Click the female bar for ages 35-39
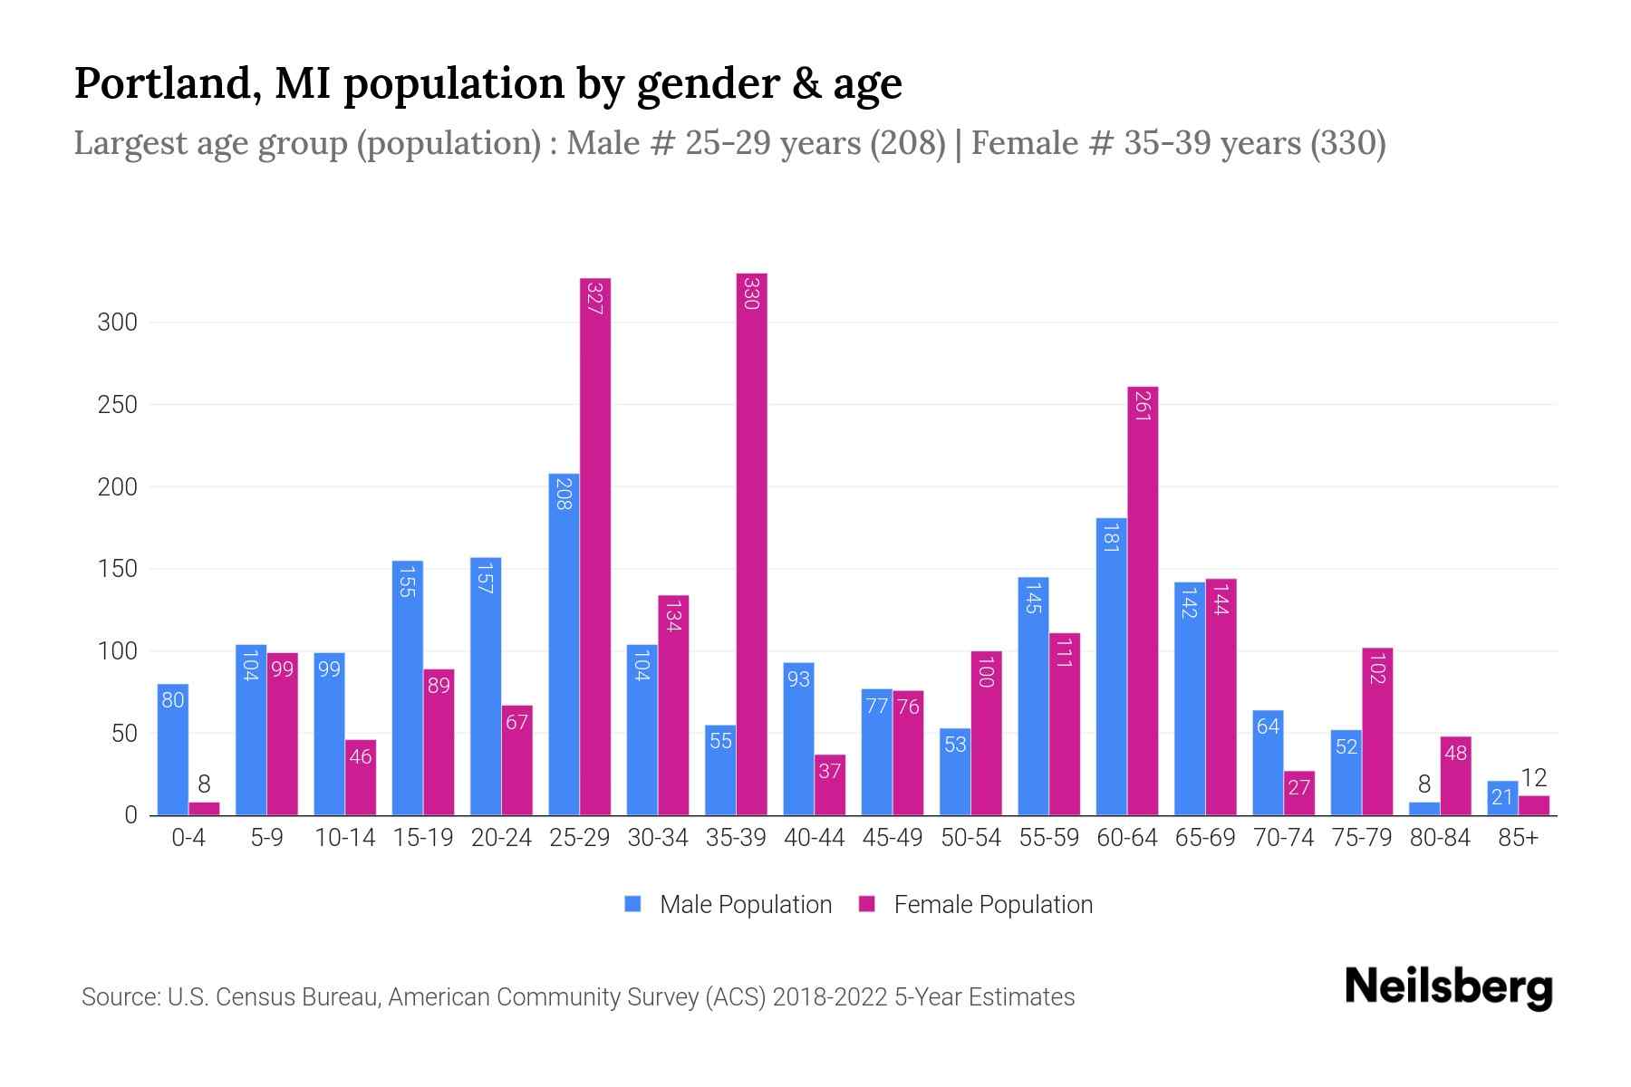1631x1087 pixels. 751,543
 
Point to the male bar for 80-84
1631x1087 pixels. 1424,809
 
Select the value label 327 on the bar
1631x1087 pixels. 595,299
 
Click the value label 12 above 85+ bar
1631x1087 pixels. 1533,777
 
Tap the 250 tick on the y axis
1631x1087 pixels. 118,405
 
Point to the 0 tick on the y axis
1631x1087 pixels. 130,815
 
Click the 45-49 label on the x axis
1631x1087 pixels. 892,838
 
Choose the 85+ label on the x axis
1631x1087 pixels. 1517,838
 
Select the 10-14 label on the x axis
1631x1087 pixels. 344,838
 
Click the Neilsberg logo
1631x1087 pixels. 1448,987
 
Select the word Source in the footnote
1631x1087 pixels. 119,997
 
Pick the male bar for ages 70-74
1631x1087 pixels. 1268,763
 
